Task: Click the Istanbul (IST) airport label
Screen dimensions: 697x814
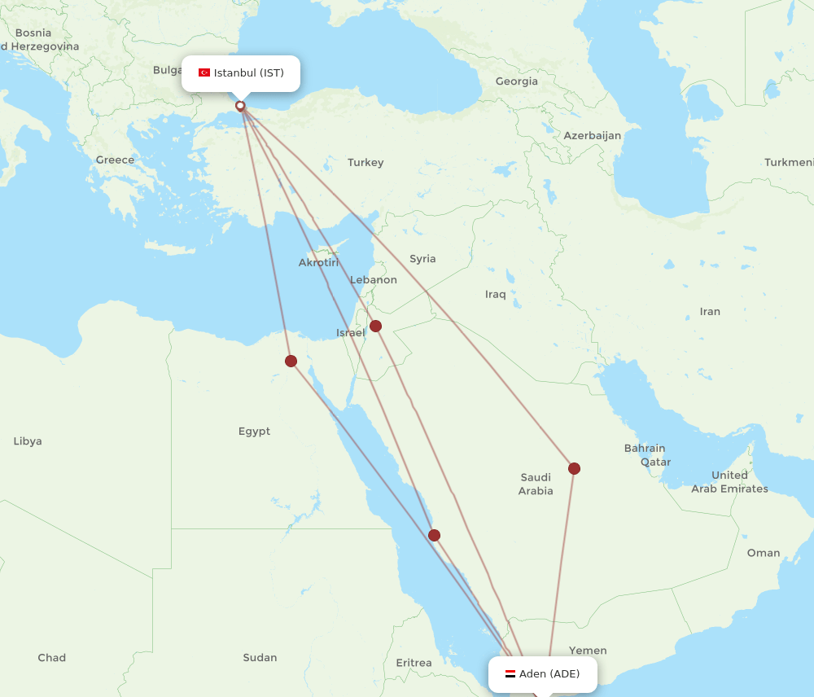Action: point(248,73)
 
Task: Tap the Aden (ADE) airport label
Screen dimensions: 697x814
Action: point(549,674)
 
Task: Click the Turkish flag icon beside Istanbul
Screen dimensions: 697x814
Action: point(204,73)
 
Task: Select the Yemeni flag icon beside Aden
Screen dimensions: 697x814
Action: point(510,674)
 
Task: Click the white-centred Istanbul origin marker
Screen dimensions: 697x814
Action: point(240,106)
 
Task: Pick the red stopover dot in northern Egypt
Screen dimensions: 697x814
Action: point(291,361)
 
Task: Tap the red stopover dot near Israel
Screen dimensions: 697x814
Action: point(375,327)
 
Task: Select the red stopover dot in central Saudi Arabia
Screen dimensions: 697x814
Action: point(574,468)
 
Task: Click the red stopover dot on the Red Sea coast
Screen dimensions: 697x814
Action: point(434,535)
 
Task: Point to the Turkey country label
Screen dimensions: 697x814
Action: point(365,163)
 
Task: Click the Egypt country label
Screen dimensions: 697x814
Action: point(254,432)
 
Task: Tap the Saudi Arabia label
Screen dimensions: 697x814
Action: point(536,484)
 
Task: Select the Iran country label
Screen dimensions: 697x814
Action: point(710,312)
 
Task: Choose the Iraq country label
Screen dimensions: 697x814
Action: point(495,294)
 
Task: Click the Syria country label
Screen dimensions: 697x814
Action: point(422,259)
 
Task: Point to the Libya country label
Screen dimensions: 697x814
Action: point(28,441)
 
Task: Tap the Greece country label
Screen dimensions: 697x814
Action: point(115,160)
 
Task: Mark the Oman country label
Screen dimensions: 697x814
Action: point(764,553)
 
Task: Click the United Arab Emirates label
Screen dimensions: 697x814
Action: point(729,482)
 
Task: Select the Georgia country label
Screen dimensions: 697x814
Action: point(517,81)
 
